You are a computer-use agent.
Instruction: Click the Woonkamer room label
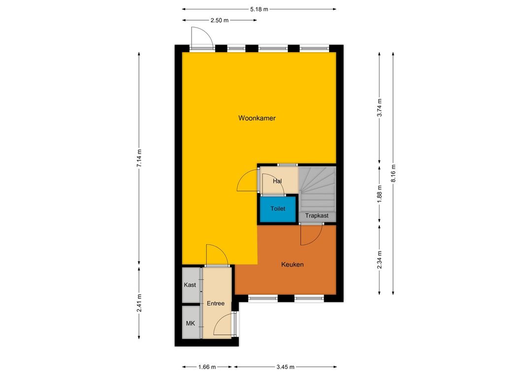click(x=257, y=118)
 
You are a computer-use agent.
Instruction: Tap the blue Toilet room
click(x=278, y=209)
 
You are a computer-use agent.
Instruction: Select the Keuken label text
click(x=293, y=264)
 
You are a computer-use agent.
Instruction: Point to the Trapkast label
click(x=317, y=216)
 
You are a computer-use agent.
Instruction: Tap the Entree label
click(x=216, y=304)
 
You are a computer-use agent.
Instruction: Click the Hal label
click(x=277, y=182)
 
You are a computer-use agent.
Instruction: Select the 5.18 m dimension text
click(x=259, y=9)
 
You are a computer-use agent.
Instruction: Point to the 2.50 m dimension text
click(x=220, y=20)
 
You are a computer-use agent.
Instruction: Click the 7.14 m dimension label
click(x=139, y=158)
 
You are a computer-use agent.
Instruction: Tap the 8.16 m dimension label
click(x=393, y=173)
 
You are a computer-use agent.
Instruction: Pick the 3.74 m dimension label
click(x=380, y=108)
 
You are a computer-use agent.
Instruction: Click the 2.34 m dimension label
click(x=380, y=260)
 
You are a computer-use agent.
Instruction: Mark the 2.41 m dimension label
click(x=139, y=303)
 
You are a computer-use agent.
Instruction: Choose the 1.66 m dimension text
click(x=207, y=367)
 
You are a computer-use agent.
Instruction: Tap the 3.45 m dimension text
click(x=285, y=367)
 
